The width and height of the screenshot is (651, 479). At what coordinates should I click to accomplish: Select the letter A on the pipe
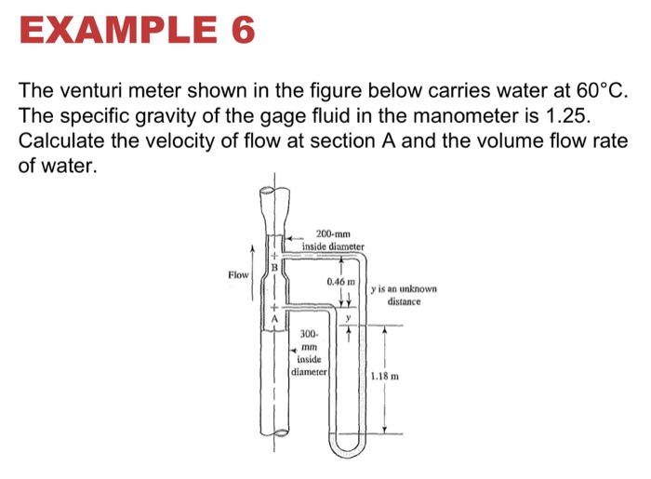coord(274,319)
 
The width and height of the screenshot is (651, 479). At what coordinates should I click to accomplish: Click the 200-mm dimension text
coord(332,233)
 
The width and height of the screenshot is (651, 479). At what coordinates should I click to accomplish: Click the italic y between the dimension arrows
coord(348,318)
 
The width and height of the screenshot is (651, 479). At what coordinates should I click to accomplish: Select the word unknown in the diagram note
coord(415,289)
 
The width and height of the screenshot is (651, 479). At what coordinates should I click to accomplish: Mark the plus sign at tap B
coord(274,254)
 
